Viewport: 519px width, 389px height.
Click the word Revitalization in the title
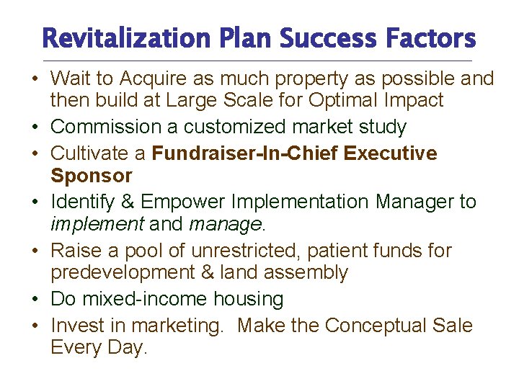[x=114, y=38]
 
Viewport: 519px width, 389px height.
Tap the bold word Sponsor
[x=92, y=176]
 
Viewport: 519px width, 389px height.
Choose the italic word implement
[x=97, y=224]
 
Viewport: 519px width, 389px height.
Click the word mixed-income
[x=143, y=299]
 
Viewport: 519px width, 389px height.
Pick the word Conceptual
[x=380, y=326]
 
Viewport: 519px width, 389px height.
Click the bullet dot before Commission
[x=35, y=128]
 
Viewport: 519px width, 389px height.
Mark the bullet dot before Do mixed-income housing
[x=35, y=299]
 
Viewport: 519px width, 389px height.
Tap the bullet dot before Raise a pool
[x=35, y=251]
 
